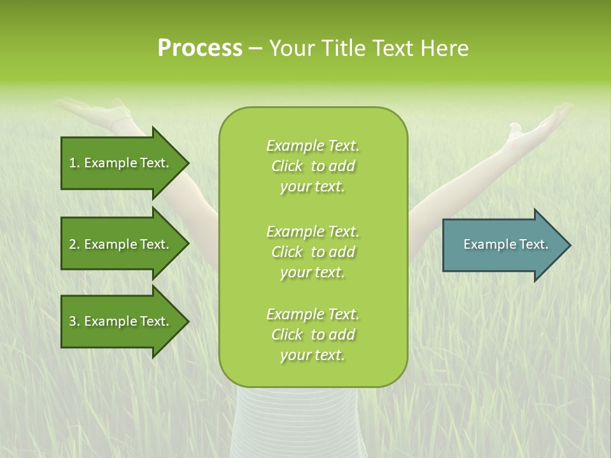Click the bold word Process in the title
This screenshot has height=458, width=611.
(x=200, y=48)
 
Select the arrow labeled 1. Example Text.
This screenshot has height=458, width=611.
(x=121, y=163)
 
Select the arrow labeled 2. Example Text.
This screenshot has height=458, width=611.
(x=121, y=244)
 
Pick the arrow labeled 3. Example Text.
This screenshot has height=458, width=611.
(x=121, y=321)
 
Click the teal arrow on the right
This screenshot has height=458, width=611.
(x=503, y=244)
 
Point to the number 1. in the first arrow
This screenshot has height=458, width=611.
(x=74, y=163)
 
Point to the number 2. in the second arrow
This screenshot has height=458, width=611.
(x=74, y=244)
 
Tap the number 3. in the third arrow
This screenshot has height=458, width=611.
(x=74, y=321)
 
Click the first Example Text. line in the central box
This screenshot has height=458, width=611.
(x=313, y=146)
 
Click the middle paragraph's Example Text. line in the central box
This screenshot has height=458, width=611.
(x=313, y=231)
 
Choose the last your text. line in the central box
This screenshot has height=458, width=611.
(x=313, y=355)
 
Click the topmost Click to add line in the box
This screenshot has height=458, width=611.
(x=313, y=166)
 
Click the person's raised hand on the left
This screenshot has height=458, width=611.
(x=95, y=113)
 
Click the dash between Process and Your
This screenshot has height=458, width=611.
(x=255, y=48)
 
